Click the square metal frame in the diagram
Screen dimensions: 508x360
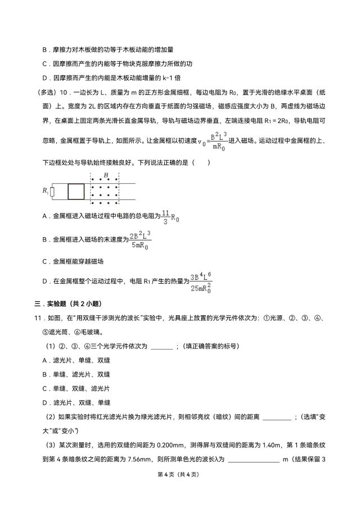[76, 191]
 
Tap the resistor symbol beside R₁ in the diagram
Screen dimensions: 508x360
[52, 192]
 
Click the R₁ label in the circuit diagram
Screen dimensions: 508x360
[45, 191]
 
